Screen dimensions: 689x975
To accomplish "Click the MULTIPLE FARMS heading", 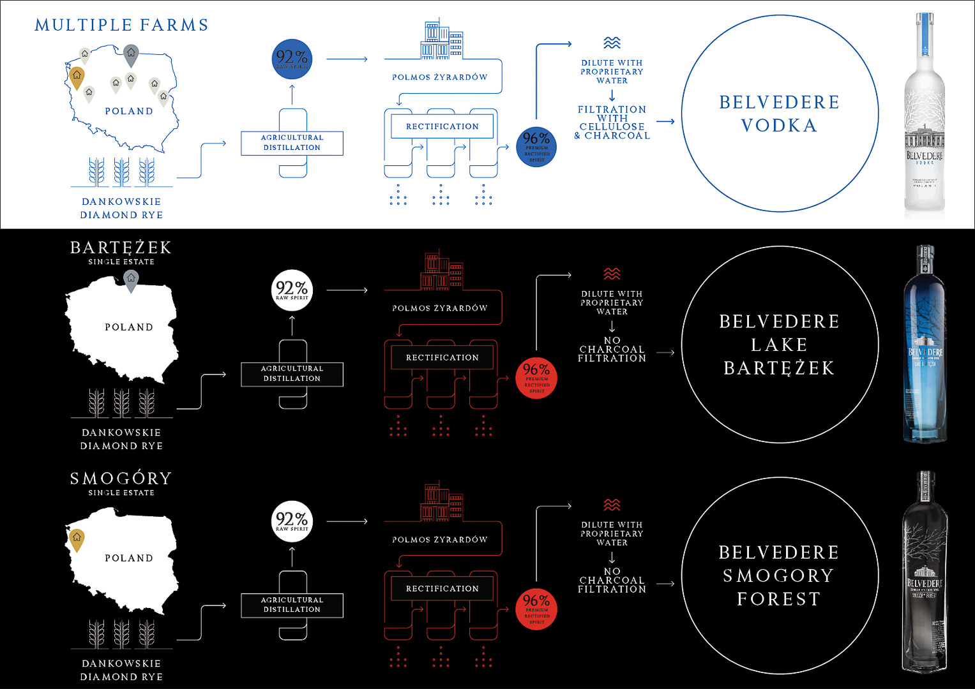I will point(121,25).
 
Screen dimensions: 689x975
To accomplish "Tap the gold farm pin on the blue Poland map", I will point(77,77).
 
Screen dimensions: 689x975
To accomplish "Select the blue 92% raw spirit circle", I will point(292,59).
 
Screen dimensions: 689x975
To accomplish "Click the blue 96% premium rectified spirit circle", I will point(536,146).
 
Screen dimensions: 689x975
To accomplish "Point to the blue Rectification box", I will point(442,126).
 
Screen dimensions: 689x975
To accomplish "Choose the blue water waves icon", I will point(612,43).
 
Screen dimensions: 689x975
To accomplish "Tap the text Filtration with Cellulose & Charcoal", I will point(612,122).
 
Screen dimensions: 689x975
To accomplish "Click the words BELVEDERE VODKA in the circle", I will point(779,114).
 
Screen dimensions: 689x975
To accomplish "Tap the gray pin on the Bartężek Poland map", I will point(131,280).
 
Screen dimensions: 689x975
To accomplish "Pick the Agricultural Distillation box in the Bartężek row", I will point(292,374).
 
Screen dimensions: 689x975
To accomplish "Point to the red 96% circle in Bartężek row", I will point(536,378).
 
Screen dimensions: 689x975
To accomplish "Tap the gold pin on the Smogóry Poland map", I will point(77,539).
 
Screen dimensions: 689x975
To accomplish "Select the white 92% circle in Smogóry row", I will point(292,521).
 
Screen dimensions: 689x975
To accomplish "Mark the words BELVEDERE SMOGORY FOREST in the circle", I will point(779,575).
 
